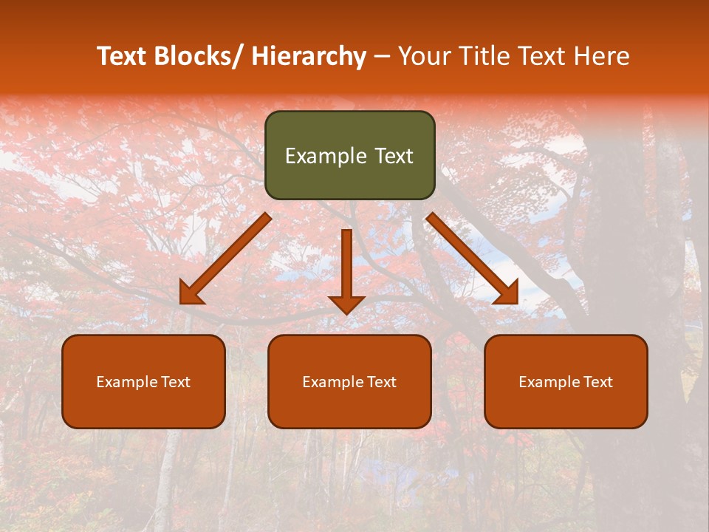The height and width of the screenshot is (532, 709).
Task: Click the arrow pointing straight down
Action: click(x=346, y=270)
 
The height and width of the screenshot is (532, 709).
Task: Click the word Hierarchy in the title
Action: click(x=309, y=57)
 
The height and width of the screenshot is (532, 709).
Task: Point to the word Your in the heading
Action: click(x=423, y=57)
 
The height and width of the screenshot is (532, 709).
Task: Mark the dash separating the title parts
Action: click(x=382, y=57)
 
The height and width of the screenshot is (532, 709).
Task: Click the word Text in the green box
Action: click(x=393, y=156)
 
